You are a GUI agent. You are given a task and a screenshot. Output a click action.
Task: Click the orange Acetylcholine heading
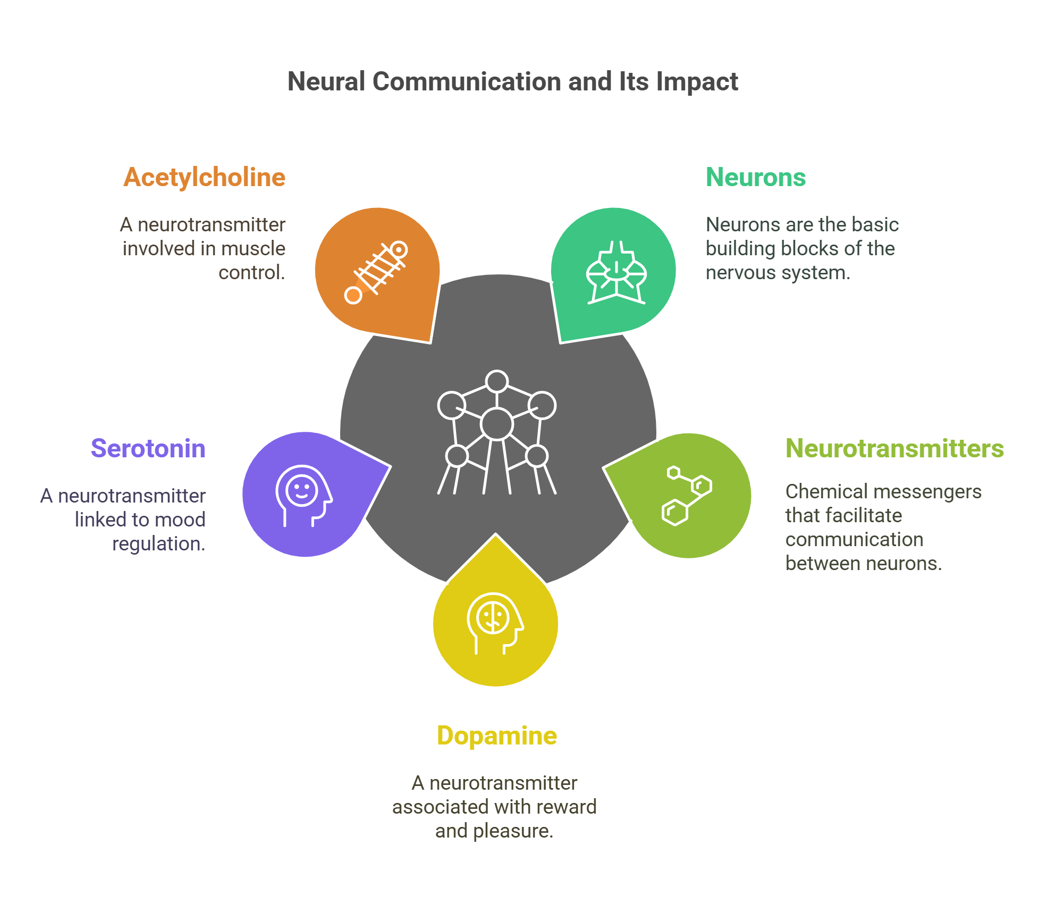tap(204, 177)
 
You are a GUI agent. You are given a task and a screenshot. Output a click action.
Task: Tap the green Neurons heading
tap(755, 177)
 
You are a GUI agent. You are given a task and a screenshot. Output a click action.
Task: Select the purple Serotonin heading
tap(148, 448)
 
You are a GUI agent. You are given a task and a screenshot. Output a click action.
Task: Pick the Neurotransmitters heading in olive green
tap(894, 448)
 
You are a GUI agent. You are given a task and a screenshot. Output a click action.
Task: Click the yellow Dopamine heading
tap(496, 735)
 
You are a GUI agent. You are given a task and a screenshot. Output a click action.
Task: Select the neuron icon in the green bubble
tap(616, 274)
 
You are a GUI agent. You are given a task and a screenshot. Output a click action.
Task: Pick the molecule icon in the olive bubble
tap(687, 496)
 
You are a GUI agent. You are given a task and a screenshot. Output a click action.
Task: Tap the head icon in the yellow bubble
tap(494, 622)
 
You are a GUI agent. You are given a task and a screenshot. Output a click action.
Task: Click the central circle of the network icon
tap(496, 424)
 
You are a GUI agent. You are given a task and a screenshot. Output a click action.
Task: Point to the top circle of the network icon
tap(497, 381)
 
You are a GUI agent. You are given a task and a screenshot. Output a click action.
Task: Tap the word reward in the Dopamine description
tap(567, 807)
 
